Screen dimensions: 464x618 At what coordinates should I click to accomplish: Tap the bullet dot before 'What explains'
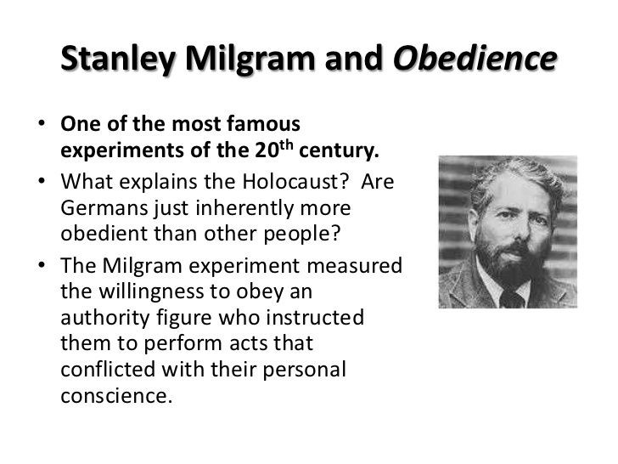pos(42,184)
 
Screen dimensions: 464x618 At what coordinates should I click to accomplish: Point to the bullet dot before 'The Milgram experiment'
pos(42,266)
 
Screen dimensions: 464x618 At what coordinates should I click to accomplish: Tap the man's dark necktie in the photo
pos(512,297)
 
